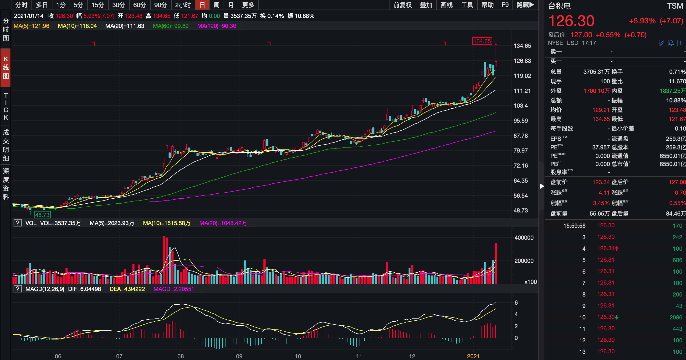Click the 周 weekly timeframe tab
pos(216,5)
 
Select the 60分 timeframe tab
pos(139,5)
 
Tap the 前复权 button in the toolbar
pos(402,5)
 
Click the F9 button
pos(505,5)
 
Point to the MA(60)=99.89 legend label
pos(171,26)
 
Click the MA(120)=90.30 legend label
pos(216,26)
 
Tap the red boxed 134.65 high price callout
pos(482,41)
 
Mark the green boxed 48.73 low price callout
pos(42,215)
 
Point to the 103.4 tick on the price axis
pos(521,106)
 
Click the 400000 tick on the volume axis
pos(524,238)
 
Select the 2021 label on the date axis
pos(473,356)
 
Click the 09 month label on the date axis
pos(239,356)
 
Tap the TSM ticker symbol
pos(675,6)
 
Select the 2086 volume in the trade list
pos(676,317)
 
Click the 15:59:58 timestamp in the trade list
pos(574,226)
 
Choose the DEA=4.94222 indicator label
pos(127,289)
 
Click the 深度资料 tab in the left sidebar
pos(6,184)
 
